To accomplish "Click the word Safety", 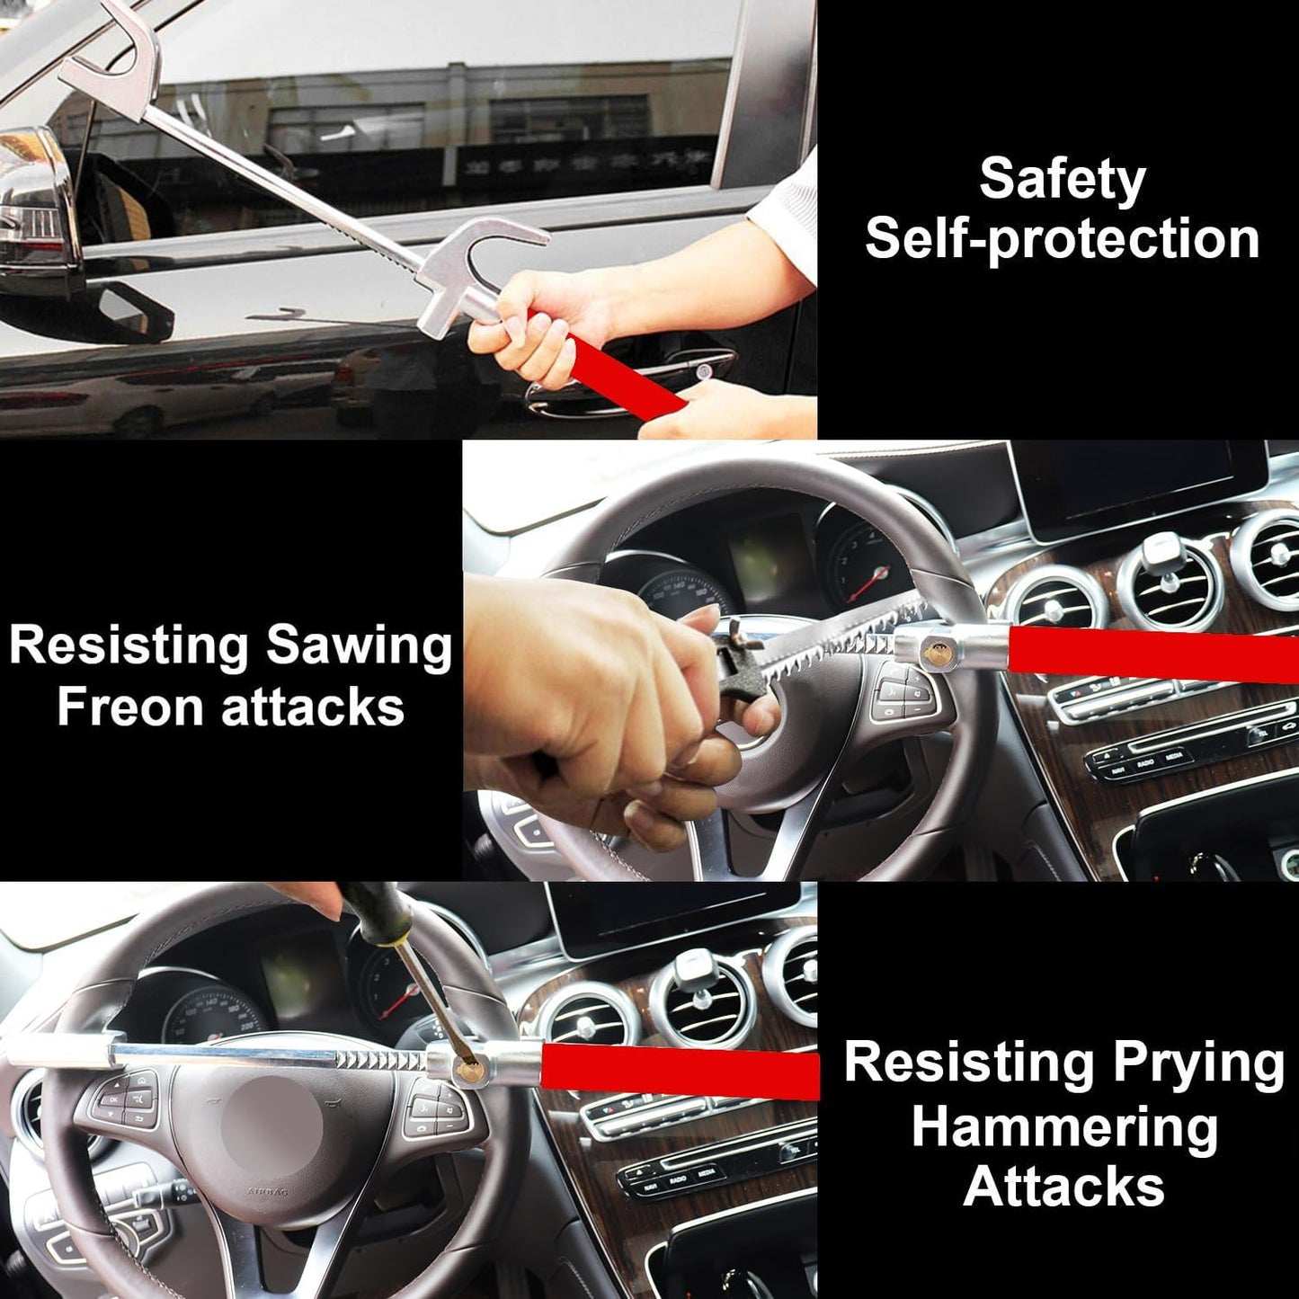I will (x=1062, y=179).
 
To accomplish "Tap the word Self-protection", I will (x=1062, y=239).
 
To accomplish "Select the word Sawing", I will (x=360, y=647).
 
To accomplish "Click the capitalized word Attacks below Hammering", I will (x=1063, y=1187).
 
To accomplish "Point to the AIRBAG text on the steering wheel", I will (x=268, y=1192).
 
